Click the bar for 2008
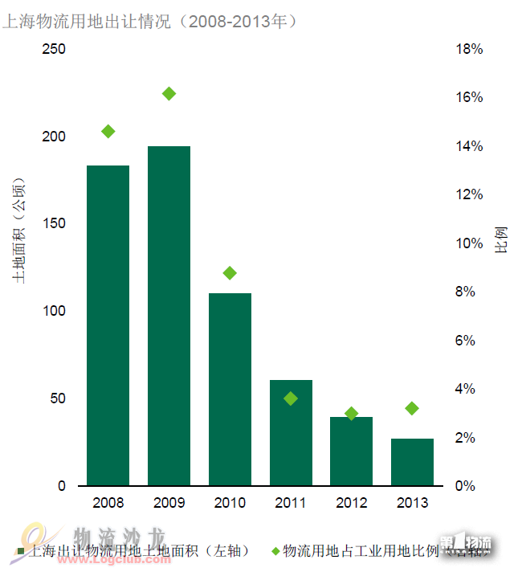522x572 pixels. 108,325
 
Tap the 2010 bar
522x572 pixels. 230,390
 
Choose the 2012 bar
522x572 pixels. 351,451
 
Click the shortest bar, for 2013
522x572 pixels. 412,462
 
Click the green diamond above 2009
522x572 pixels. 169,94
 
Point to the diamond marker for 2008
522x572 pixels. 108,132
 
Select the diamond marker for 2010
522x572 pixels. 230,273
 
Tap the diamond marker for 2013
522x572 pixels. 412,408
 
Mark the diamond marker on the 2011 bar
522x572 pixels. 291,398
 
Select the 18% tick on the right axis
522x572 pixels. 469,49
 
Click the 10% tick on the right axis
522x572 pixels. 469,243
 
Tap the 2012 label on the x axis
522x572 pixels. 351,504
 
